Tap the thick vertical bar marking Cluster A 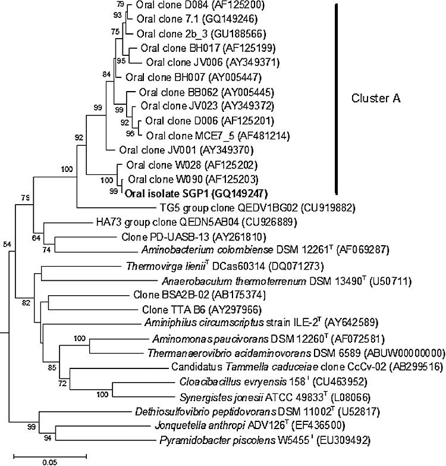click(x=338, y=99)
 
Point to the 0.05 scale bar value click(x=49, y=460)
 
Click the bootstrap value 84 click(x=107, y=74)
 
